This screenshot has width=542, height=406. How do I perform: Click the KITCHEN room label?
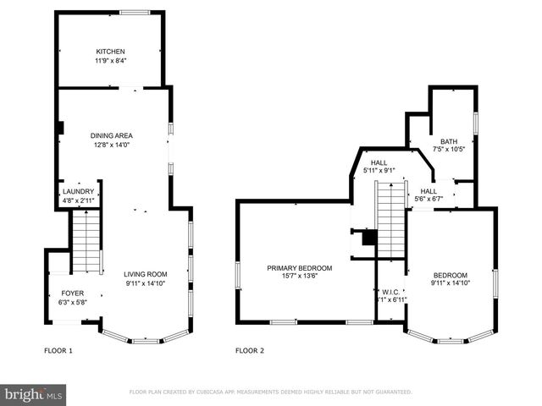coord(111,50)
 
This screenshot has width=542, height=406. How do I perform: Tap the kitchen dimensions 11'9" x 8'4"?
coord(111,60)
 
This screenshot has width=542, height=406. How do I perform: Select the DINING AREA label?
coord(111,134)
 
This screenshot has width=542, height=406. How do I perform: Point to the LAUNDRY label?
coord(78,192)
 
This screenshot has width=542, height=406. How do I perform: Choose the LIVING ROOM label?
coord(146,274)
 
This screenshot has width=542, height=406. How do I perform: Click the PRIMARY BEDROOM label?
coord(299,268)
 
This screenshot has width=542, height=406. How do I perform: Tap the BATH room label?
coord(448,140)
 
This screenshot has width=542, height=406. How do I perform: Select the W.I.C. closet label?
coord(390,290)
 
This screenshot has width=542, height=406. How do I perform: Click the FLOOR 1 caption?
coord(58,349)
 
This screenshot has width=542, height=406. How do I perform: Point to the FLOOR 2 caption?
coord(250,349)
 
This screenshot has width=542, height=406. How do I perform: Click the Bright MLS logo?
coord(34,394)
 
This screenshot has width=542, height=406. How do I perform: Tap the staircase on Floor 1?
coord(85,241)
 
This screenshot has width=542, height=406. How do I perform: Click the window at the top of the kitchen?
coord(133,12)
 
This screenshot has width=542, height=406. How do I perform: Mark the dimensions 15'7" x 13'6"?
coord(299,277)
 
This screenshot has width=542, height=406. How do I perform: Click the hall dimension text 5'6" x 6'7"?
coord(429,200)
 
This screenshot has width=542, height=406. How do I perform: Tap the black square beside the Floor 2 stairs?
coord(368,239)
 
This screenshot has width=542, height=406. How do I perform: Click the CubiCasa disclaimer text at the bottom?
coord(270,392)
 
